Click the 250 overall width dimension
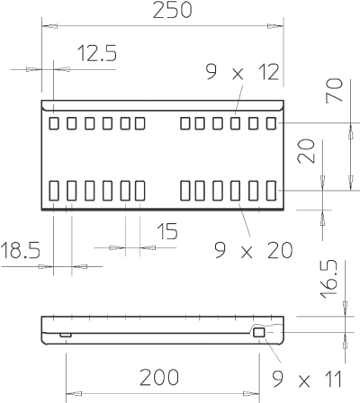click(x=172, y=10)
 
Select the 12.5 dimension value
click(x=97, y=53)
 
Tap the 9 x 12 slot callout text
click(x=242, y=72)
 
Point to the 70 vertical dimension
click(x=335, y=90)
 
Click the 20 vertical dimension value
click(x=306, y=151)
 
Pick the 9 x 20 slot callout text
click(x=254, y=250)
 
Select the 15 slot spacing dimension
click(x=167, y=231)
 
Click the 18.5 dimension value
click(x=21, y=250)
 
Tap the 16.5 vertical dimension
click(x=328, y=280)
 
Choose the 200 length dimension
click(x=159, y=378)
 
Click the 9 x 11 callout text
click(x=307, y=380)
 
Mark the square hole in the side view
click(x=258, y=332)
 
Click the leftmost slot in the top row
click(x=54, y=123)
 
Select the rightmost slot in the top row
click(x=272, y=123)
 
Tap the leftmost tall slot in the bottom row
click(x=54, y=191)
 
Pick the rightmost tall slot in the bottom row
click(x=272, y=191)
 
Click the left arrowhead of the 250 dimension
click(x=49, y=26)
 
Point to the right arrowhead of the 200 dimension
click(x=252, y=393)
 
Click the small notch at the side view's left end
click(x=66, y=335)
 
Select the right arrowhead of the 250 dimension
click(x=275, y=26)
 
